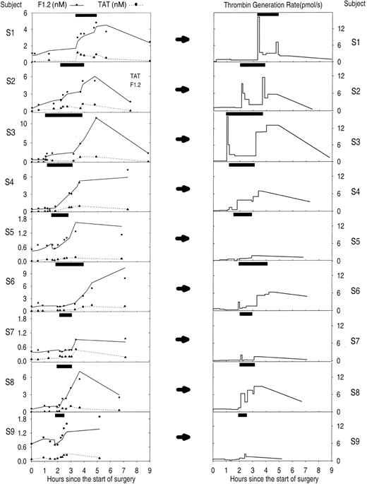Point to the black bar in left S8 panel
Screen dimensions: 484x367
pos(64,366)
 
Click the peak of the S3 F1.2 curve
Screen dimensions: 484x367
pos(95,118)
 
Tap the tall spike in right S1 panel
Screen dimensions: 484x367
pos(258,18)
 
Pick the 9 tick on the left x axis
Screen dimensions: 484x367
pos(150,468)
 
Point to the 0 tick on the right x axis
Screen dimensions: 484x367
pos(213,468)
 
